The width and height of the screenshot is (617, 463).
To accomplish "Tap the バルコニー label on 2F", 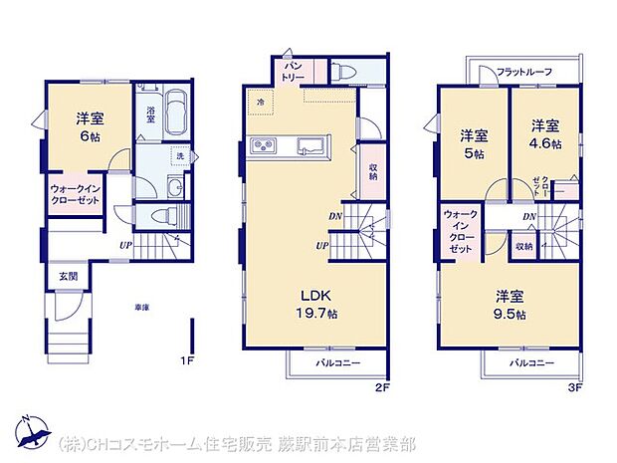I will [339, 363].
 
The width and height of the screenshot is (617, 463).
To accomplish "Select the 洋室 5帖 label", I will [473, 143].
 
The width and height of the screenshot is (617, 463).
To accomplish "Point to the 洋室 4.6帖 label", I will [543, 133].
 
